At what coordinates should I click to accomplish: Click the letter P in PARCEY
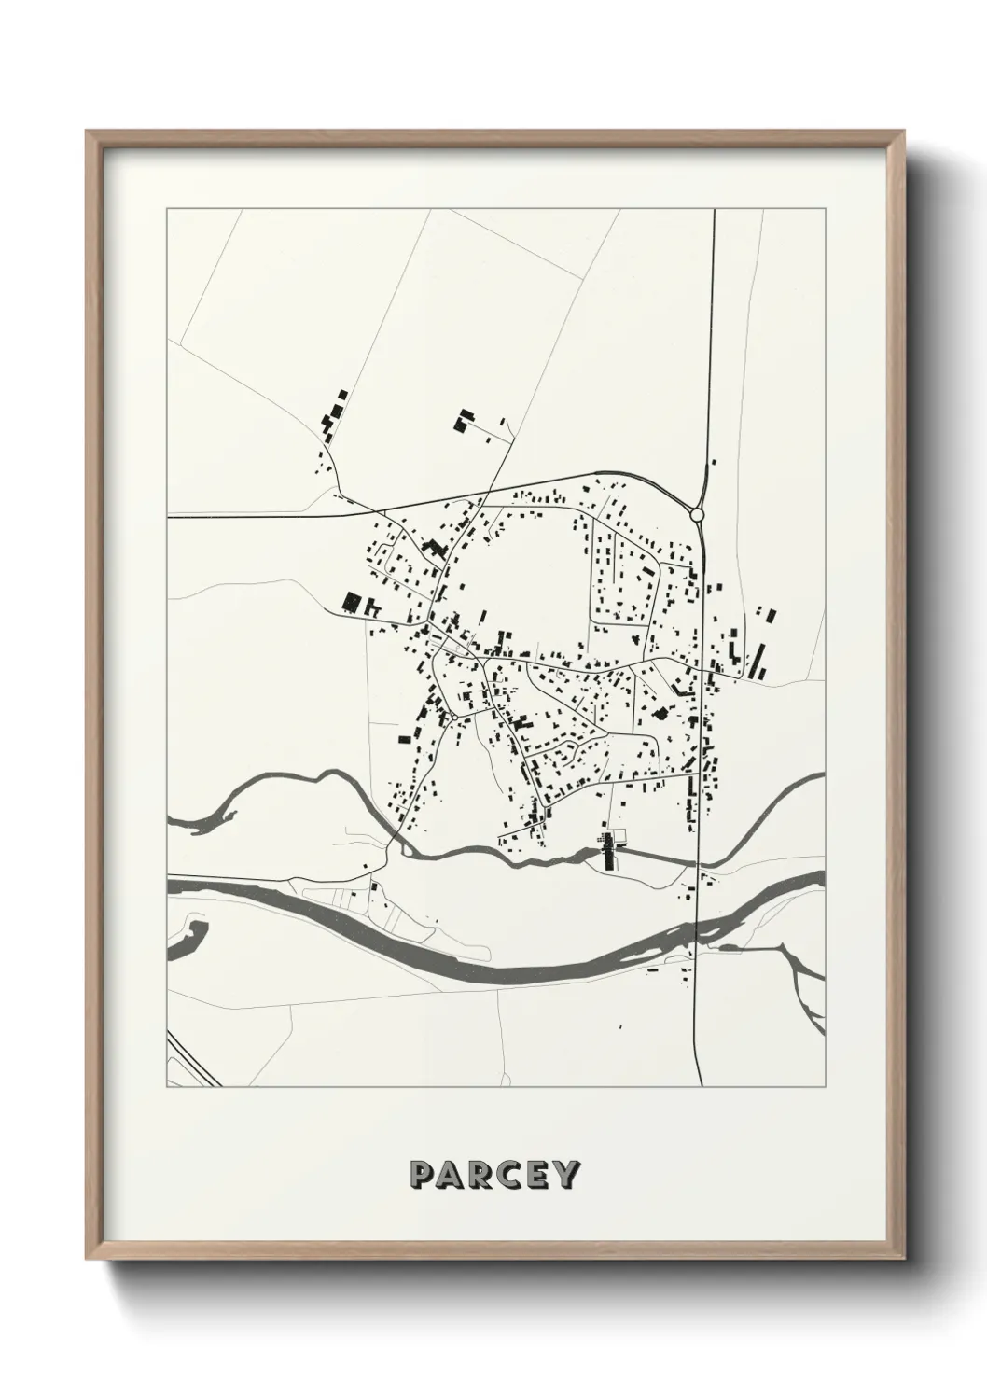coord(421,1174)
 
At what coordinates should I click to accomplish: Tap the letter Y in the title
coord(566,1174)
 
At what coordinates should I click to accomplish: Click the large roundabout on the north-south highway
coord(696,514)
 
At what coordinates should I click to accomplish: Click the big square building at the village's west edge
coord(353,601)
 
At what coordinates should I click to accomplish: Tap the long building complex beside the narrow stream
coord(609,851)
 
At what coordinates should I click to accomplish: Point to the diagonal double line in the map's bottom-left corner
coord(194,1060)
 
